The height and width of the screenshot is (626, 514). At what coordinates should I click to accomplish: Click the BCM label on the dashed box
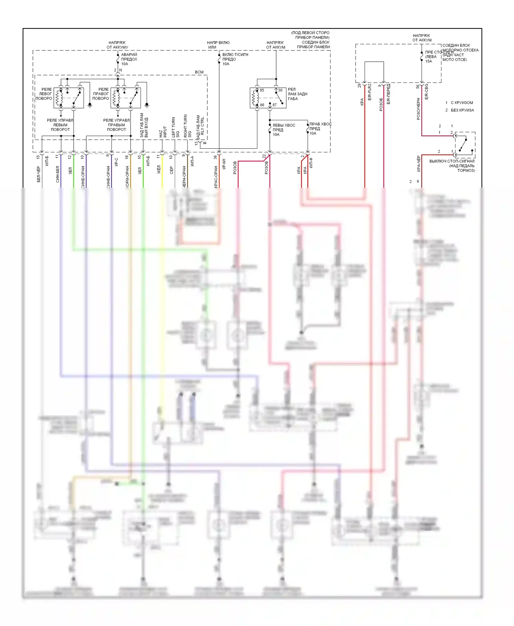199,72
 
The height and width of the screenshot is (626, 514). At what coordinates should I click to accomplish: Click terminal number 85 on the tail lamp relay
262,90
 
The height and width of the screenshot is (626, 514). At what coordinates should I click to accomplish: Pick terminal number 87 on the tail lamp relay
274,105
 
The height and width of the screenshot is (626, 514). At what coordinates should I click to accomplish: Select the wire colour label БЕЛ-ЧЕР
39,174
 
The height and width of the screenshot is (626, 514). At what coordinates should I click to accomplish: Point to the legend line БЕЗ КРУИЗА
462,110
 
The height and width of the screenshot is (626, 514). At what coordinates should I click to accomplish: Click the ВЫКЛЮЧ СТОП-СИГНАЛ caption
452,161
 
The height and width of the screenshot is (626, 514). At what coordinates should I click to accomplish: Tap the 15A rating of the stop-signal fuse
429,62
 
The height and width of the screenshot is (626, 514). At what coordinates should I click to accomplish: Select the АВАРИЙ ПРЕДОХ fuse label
129,59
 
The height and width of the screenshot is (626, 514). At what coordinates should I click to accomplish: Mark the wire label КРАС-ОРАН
216,177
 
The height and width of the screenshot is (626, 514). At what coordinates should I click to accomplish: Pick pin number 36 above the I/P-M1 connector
215,157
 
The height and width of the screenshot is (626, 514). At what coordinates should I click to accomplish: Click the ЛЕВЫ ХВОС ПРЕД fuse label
283,130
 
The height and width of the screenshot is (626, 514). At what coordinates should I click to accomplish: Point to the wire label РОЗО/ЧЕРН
418,109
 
